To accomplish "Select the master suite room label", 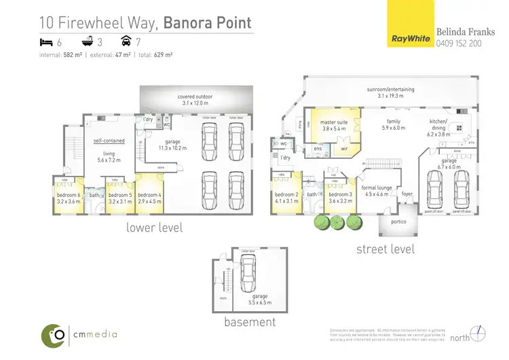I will pos(334,126).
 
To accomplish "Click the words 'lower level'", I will pos(154,228).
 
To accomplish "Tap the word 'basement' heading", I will pos(250,322).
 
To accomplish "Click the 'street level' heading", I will pos(385,249).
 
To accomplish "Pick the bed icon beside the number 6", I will pos(48,42).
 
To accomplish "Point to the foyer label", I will pos(407,194).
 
